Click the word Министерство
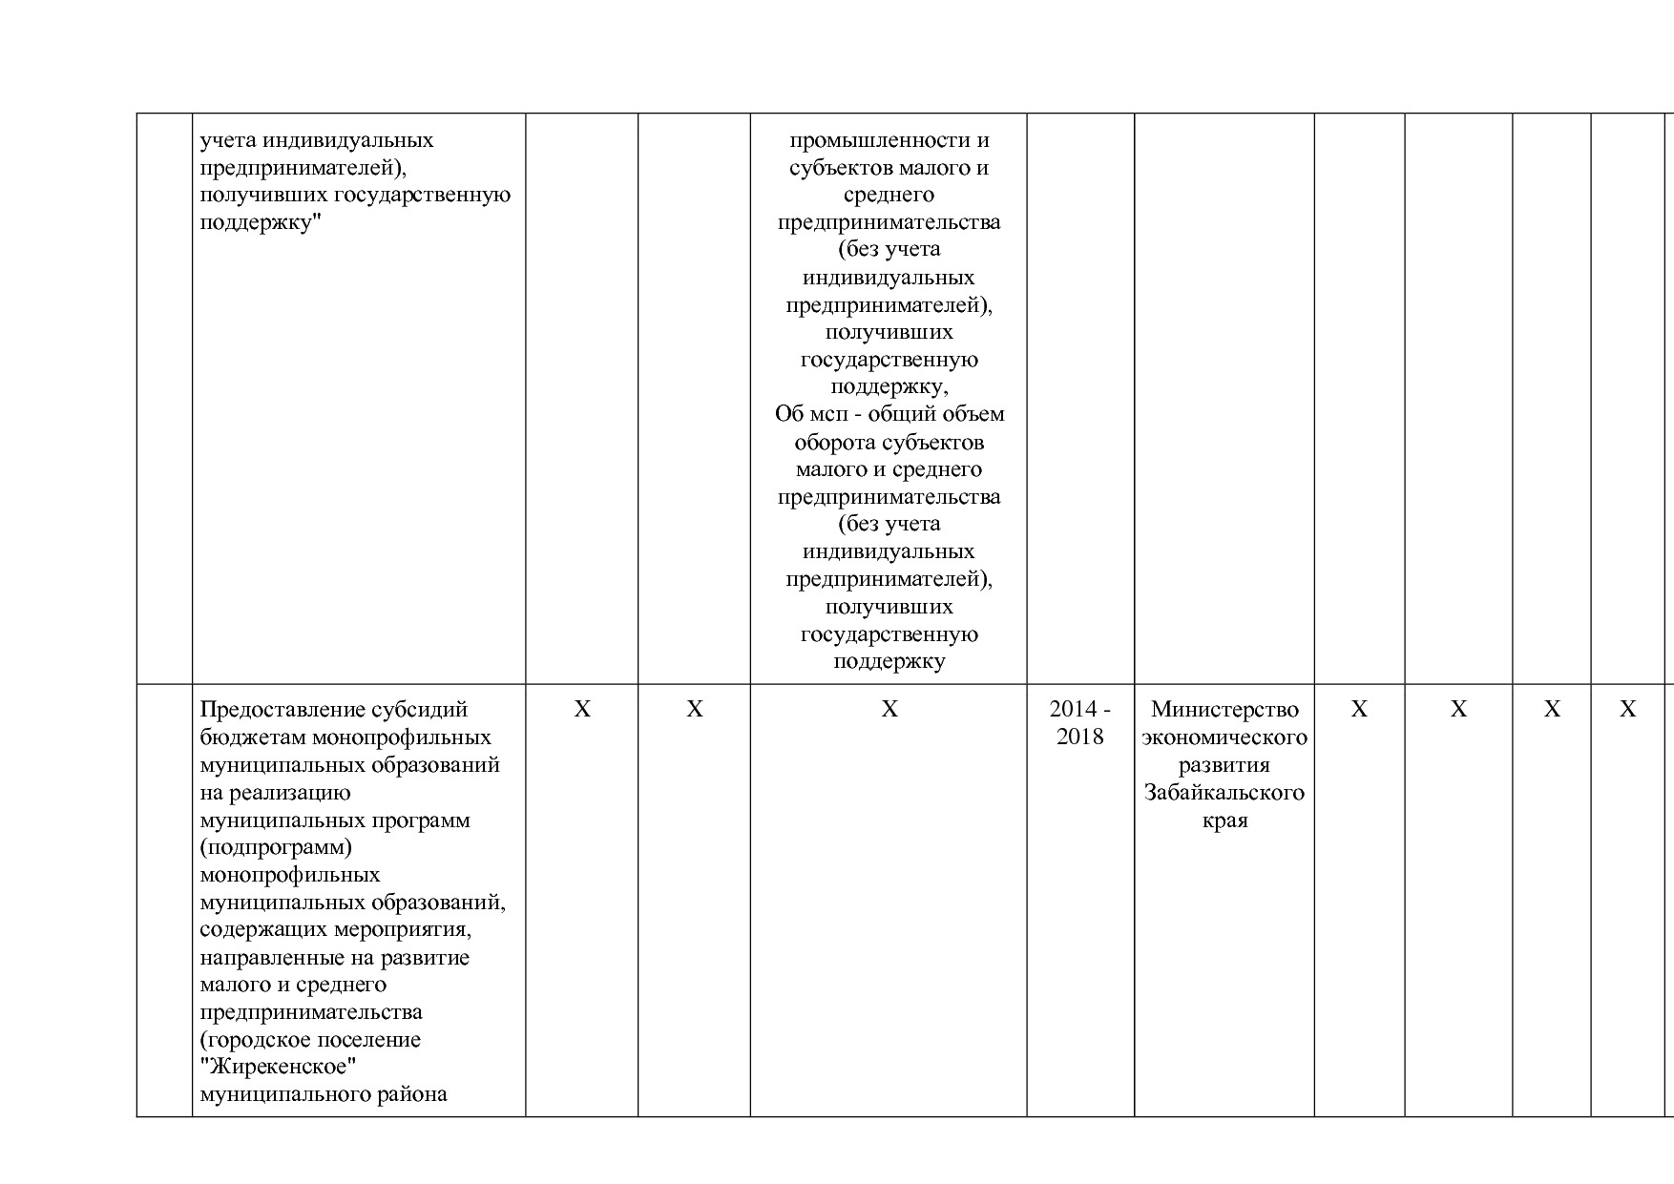[1224, 710]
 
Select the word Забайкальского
[1224, 793]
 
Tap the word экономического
[1224, 737]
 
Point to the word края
[1224, 820]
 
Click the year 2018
[1079, 737]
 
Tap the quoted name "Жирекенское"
[272, 1067]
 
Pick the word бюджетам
[252, 737]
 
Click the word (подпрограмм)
[277, 847]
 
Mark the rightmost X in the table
[1628, 710]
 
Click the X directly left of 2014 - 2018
[889, 710]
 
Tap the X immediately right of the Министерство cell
[1359, 710]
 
